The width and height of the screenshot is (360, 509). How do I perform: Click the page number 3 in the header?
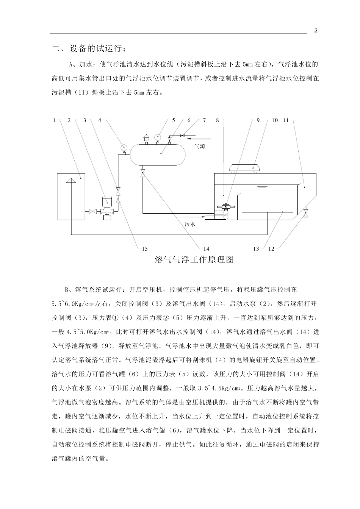[x=316, y=30]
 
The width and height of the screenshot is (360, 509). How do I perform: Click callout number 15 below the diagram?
[x=145, y=248]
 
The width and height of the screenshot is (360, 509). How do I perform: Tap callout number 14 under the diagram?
[x=206, y=248]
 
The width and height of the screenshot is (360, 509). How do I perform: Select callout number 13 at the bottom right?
[x=257, y=248]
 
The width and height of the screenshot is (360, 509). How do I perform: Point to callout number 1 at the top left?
[x=55, y=120]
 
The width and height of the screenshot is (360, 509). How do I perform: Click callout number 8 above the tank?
[x=218, y=120]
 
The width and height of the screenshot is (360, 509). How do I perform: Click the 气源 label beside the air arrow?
[x=200, y=146]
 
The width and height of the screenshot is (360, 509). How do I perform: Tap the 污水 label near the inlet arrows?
[x=189, y=224]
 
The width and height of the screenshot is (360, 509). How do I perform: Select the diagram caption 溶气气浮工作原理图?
[x=194, y=260]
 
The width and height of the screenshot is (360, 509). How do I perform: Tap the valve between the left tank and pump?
[x=92, y=211]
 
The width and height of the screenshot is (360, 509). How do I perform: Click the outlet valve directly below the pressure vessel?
[x=142, y=173]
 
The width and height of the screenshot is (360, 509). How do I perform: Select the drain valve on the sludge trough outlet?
[x=306, y=212]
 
